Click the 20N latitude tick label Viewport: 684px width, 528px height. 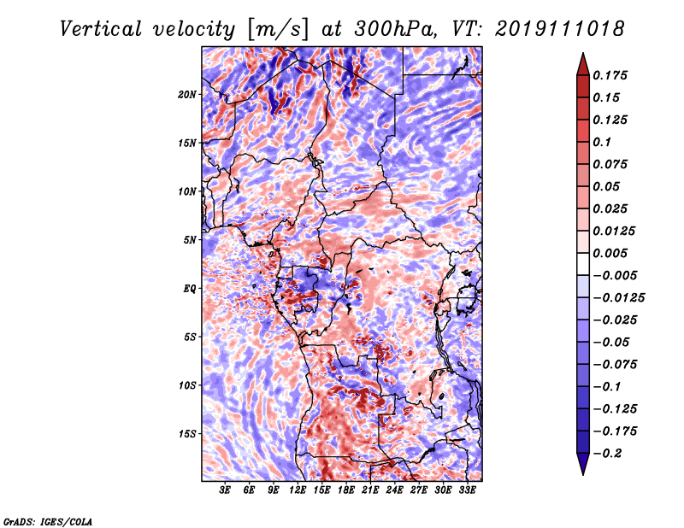pyautogui.click(x=187, y=94)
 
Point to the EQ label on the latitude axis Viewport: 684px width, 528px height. pyautogui.click(x=190, y=288)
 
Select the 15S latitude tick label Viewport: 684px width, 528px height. pyautogui.click(x=187, y=433)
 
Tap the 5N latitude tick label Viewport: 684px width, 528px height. pyautogui.click(x=190, y=239)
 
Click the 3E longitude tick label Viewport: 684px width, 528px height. pyautogui.click(x=226, y=490)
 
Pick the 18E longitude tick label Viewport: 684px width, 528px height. pyautogui.click(x=346, y=490)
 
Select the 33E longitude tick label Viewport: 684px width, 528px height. pyautogui.click(x=467, y=490)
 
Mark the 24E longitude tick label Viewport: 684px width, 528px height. pyautogui.click(x=395, y=490)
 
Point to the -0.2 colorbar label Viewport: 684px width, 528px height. pyautogui.click(x=610, y=453)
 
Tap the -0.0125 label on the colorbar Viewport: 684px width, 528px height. pyautogui.click(x=619, y=297)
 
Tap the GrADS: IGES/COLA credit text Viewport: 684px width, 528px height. pyautogui.click(x=47, y=520)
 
